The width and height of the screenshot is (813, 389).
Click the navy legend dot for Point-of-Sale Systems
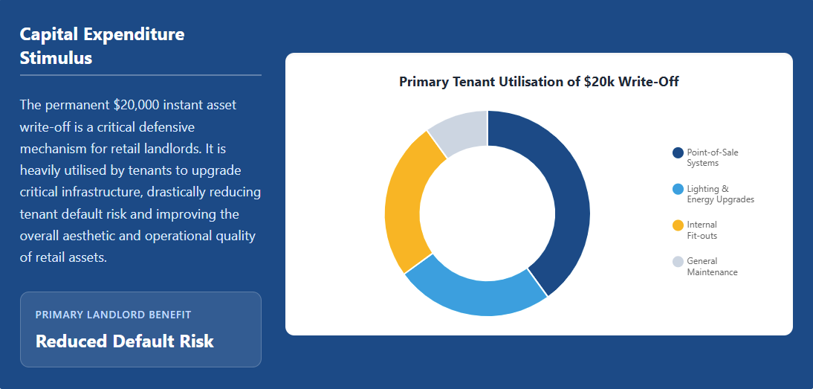coord(678,152)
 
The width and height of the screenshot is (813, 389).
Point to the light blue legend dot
coord(678,189)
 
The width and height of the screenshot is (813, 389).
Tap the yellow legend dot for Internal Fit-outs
coord(678,225)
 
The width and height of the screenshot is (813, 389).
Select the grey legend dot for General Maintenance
coord(678,261)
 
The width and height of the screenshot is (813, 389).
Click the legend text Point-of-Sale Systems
coord(713,158)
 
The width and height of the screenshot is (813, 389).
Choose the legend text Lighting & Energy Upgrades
coord(721,194)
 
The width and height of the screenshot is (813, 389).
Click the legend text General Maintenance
coord(712,266)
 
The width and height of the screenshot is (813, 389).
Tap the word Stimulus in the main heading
coord(56,58)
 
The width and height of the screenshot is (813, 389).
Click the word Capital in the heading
coord(49,35)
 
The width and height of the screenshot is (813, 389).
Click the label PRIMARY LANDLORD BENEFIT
coord(113,315)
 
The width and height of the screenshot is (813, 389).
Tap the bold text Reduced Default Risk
coord(124,341)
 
